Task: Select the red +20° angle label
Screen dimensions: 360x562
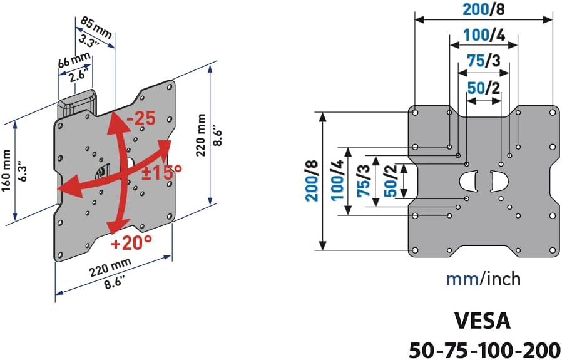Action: click(132, 242)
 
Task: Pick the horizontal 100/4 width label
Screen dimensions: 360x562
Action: click(484, 35)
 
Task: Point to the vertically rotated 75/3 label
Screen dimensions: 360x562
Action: click(363, 182)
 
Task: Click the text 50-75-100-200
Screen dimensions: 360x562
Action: click(484, 347)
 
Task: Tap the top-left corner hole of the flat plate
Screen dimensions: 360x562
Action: click(415, 113)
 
